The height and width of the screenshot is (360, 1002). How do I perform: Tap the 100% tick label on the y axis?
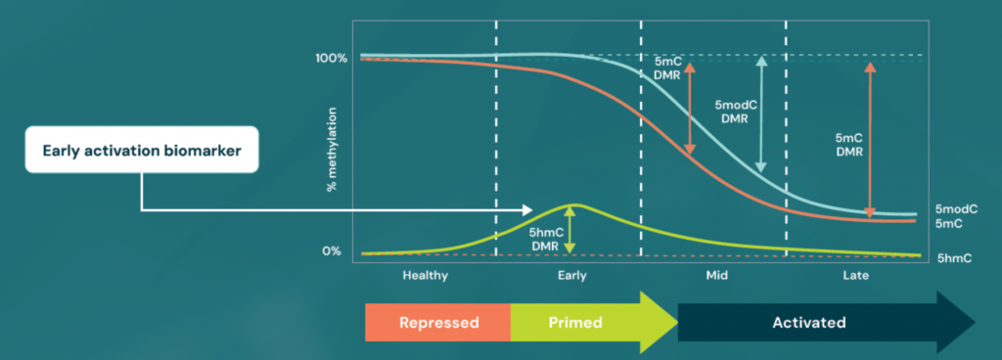(x=331, y=59)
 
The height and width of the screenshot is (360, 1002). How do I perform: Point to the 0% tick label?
(x=334, y=251)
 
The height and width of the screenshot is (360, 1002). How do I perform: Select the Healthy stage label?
(x=425, y=276)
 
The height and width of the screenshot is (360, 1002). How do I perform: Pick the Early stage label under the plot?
(x=572, y=276)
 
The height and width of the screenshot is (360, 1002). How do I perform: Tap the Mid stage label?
(x=716, y=276)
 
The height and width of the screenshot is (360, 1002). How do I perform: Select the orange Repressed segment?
(x=437, y=322)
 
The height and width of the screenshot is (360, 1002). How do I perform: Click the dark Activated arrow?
(x=812, y=322)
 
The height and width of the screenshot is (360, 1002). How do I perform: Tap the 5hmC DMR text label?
(x=544, y=240)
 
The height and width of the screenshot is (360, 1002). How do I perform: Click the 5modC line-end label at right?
(x=956, y=209)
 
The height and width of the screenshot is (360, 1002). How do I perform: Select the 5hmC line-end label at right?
(x=953, y=258)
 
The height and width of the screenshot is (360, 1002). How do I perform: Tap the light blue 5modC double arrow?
(x=762, y=115)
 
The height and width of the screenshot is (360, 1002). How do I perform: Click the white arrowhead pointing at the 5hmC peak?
(x=526, y=209)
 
